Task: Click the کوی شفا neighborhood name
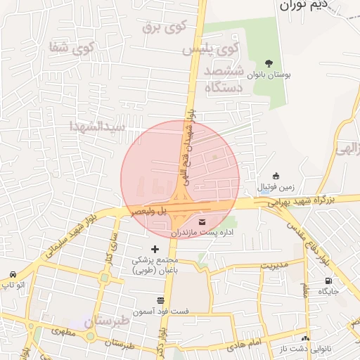(72, 48)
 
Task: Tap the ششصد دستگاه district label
(224, 79)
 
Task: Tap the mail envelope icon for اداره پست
(193, 222)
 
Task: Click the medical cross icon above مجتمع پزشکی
(155, 249)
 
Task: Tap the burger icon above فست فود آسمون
(160, 300)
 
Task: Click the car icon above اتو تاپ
(13, 274)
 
